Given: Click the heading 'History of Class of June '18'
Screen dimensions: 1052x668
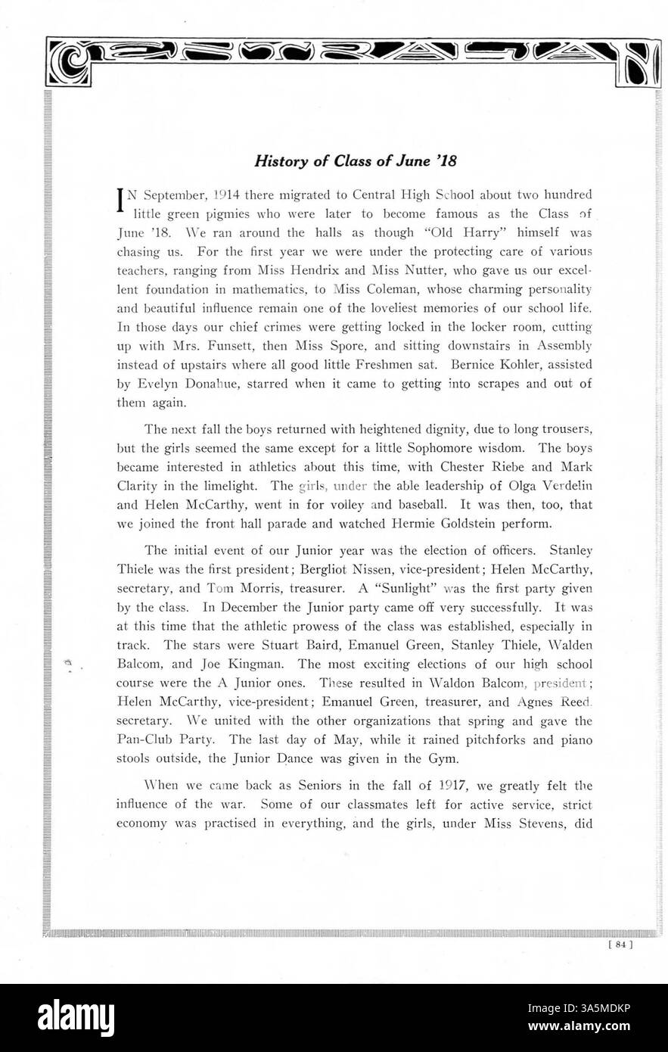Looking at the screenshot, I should coord(356,161).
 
